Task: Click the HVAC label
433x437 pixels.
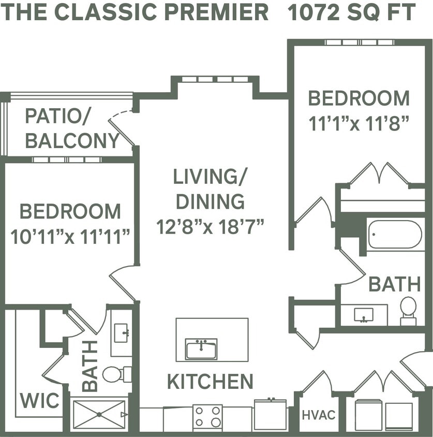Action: click(x=318, y=415)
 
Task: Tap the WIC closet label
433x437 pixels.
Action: click(x=39, y=400)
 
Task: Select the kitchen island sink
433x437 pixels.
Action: click(x=201, y=348)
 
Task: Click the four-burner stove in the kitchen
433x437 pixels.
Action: click(x=207, y=416)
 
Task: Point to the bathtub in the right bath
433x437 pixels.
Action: click(x=395, y=235)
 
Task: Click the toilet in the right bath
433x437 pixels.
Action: click(x=408, y=310)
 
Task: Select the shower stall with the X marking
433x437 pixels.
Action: click(x=98, y=414)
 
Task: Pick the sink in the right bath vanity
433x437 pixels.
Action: click(x=364, y=314)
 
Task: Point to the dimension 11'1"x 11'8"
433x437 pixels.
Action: click(x=359, y=124)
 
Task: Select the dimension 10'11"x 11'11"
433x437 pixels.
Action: click(x=70, y=237)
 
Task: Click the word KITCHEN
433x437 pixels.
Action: click(x=210, y=382)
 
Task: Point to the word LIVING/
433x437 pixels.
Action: click(x=210, y=177)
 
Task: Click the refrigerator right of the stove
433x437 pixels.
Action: click(x=270, y=414)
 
